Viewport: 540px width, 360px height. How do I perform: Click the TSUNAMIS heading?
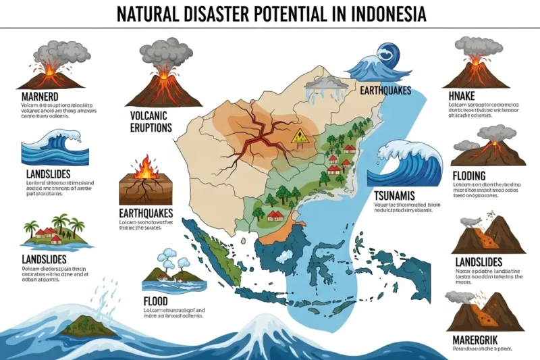399,196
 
